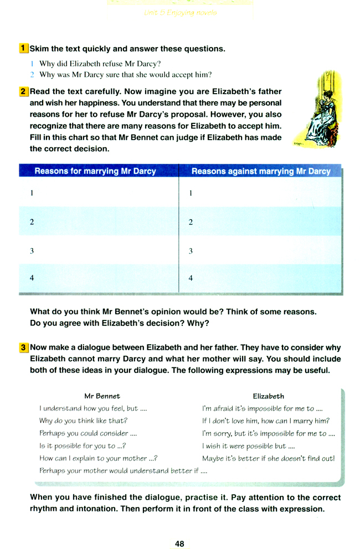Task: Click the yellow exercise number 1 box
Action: (x=23, y=49)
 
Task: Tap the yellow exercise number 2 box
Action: (x=23, y=91)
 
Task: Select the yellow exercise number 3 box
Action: (x=23, y=348)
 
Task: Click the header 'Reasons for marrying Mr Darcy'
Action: (x=95, y=172)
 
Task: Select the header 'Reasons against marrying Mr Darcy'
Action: (x=261, y=172)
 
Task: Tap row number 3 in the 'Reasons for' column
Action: (x=32, y=251)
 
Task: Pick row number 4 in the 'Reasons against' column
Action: (x=191, y=278)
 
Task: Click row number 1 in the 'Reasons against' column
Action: (x=191, y=194)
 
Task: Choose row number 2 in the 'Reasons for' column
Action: (x=32, y=222)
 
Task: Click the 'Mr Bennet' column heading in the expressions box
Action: (x=102, y=396)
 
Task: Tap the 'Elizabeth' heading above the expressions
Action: (x=268, y=396)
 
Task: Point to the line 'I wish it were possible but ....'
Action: (x=244, y=446)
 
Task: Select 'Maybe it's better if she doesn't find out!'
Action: (x=268, y=458)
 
